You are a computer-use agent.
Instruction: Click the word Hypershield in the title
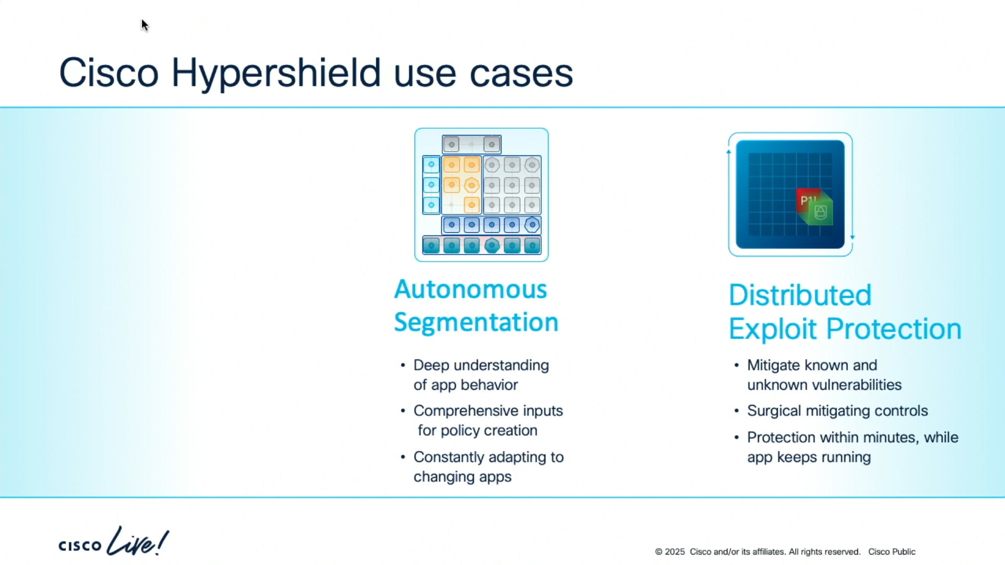pos(276,73)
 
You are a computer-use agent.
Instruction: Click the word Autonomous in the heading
pos(470,289)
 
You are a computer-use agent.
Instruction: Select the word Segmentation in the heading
pos(476,322)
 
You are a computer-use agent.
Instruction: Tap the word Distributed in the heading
pos(800,295)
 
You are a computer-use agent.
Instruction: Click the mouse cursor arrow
pos(144,25)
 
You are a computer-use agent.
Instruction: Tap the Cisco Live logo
pos(113,542)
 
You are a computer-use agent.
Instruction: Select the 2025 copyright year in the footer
pos(675,552)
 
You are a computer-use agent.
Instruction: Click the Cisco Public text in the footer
pos(891,552)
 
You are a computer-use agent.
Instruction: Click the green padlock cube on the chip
pos(821,212)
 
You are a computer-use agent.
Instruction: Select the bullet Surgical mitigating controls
pos(837,411)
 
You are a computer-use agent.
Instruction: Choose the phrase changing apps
pos(462,477)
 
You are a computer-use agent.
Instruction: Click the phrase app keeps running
pos(809,457)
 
